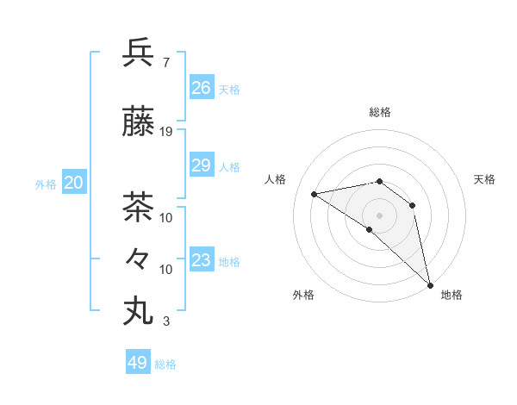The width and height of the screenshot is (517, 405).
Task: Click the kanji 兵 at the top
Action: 139,53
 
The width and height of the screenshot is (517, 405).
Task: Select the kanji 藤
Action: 139,123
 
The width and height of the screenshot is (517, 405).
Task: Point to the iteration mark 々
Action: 139,258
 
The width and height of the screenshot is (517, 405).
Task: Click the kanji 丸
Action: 139,309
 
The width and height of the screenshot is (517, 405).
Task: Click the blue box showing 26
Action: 202,88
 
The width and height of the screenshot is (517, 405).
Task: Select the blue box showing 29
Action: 202,165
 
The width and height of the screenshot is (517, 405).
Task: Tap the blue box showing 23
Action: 202,260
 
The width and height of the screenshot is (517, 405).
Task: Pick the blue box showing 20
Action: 74,183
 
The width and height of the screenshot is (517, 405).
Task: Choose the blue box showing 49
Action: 138,363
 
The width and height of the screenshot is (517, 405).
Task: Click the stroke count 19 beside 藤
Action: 166,132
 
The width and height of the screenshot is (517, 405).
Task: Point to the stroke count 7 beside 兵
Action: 165,62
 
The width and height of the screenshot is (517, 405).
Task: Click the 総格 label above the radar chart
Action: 380,112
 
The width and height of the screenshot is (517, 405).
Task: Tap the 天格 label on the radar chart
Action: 484,179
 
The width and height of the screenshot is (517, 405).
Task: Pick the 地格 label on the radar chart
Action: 452,295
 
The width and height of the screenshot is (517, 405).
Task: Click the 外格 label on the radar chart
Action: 303,295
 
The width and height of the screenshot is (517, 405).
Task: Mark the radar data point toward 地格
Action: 429,283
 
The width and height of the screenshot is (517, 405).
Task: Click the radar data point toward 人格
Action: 315,194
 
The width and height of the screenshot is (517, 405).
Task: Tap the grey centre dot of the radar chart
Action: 379,215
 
